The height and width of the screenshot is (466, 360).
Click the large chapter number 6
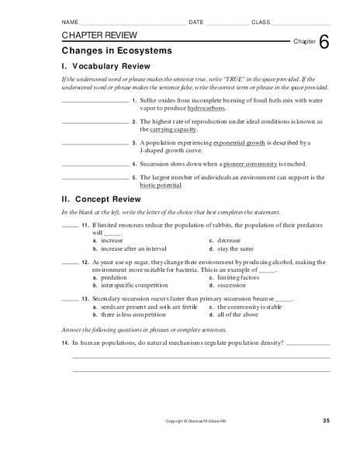click(x=323, y=43)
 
